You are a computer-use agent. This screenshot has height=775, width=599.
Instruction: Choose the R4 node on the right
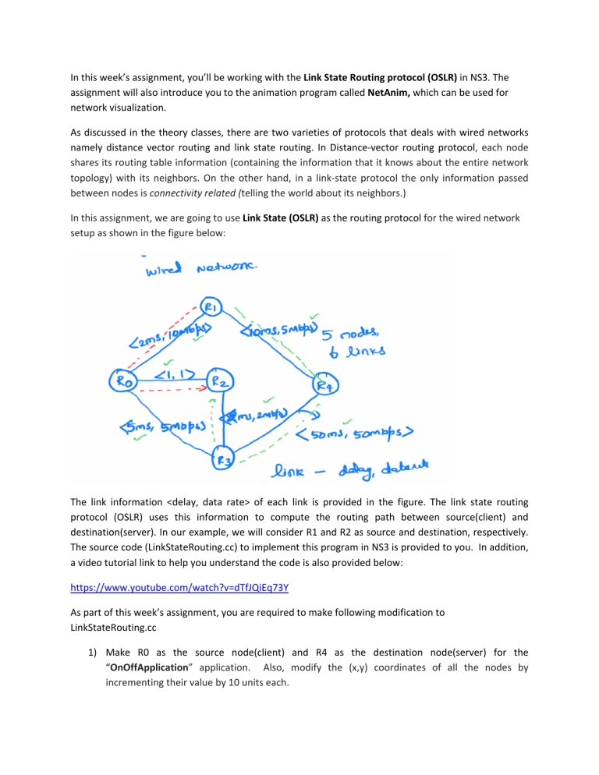tap(324, 384)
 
